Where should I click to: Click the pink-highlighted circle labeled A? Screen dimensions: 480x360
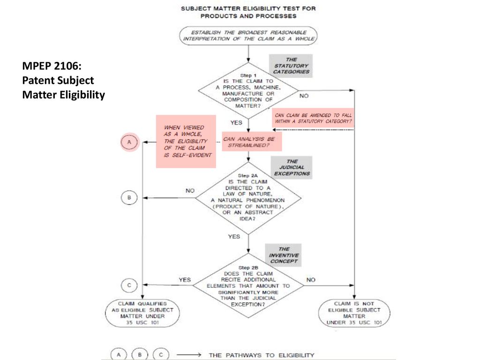click(129, 142)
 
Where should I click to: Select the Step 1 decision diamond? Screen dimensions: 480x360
click(248, 91)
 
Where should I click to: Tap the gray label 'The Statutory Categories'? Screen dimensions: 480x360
click(291, 66)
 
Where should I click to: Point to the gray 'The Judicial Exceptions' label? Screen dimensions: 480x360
click(292, 167)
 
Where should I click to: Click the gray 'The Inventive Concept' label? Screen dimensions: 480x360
click(284, 255)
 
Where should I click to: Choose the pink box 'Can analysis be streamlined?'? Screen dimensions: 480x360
click(252, 142)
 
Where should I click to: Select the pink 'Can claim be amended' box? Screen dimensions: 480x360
click(313, 118)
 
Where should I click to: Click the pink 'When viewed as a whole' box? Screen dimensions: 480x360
click(186, 142)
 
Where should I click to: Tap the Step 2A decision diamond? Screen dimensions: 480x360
click(248, 198)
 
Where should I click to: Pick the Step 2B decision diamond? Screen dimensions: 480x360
click(248, 285)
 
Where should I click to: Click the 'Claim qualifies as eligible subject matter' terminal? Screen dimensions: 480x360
click(142, 313)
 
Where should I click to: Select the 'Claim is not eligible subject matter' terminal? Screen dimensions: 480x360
click(354, 313)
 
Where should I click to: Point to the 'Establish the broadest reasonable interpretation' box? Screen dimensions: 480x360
click(248, 36)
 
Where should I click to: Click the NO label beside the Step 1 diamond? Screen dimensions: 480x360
click(304, 96)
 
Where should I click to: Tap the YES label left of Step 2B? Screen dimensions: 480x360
click(185, 280)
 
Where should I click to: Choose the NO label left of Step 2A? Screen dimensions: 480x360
click(190, 191)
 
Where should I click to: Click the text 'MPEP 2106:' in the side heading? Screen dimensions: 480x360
click(52, 66)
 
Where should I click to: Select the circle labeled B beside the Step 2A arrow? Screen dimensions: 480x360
click(129, 197)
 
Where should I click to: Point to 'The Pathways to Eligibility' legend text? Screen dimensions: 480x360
click(262, 355)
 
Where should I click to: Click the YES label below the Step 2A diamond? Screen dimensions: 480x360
click(234, 237)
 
